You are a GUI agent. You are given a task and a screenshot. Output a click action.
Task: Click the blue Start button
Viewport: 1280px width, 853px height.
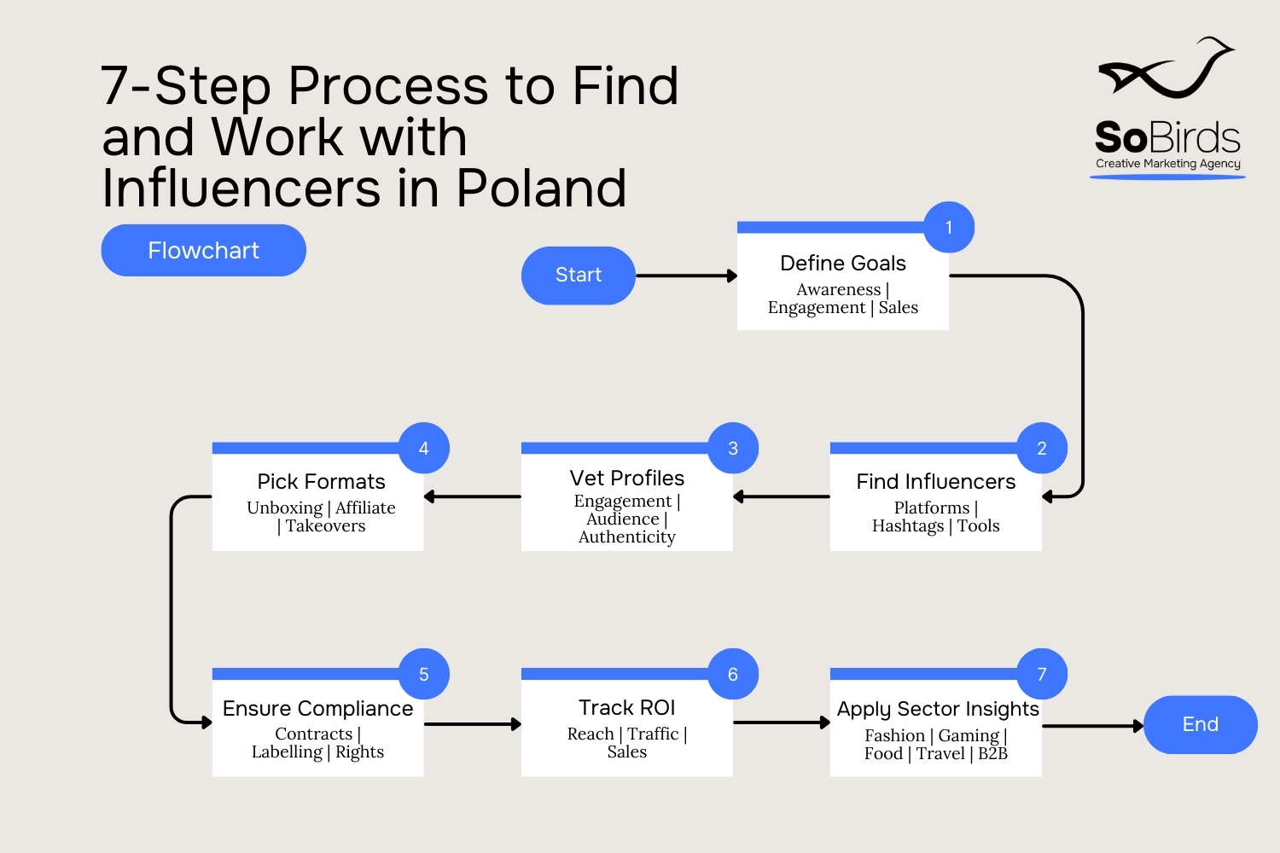(579, 276)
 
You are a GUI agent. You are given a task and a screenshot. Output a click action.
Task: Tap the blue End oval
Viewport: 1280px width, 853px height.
(1200, 725)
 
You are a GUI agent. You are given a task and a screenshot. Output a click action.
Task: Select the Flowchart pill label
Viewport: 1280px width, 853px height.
(203, 251)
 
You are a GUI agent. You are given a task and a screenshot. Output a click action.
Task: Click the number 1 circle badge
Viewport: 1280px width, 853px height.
(949, 228)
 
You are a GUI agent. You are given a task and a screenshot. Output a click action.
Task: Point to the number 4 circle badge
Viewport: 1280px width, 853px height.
(424, 449)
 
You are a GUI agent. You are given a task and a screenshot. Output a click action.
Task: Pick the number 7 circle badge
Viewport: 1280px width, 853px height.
(1042, 675)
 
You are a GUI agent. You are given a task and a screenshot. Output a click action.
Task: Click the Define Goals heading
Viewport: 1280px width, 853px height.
(843, 264)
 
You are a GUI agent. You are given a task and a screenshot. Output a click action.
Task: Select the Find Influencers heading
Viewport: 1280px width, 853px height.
(936, 482)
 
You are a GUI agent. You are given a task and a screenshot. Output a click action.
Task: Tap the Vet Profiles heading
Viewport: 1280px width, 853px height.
(627, 479)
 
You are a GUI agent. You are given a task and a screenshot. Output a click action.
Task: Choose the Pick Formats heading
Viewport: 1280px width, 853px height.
(322, 482)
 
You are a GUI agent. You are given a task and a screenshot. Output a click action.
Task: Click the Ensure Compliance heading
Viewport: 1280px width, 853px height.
(318, 709)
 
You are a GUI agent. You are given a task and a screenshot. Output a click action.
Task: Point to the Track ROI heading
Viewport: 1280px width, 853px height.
(627, 708)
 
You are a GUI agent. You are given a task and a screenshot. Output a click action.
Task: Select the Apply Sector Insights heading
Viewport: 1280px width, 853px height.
(938, 710)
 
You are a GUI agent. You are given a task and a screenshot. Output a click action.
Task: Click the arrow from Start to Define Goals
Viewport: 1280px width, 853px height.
(686, 276)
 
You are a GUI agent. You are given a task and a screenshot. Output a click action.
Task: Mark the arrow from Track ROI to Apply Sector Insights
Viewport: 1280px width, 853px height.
(782, 723)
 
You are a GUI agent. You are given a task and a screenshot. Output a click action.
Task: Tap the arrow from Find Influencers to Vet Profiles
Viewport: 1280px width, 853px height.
(782, 496)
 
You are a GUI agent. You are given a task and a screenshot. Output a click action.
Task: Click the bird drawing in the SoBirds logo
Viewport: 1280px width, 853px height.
(1167, 69)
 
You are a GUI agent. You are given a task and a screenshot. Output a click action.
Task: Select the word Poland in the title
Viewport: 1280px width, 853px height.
(542, 189)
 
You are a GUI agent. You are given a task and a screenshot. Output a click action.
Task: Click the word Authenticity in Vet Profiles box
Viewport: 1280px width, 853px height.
(627, 537)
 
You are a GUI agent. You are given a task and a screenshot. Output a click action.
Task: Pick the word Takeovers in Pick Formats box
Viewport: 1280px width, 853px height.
(326, 526)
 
